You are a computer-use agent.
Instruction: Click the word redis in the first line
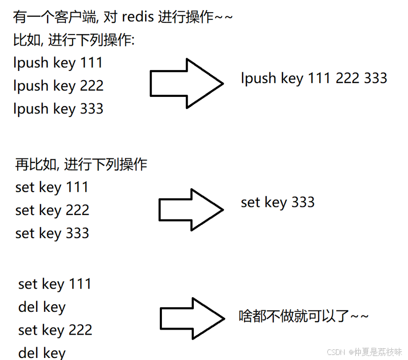coord(138,18)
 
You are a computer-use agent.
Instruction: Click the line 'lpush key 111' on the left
coord(58,63)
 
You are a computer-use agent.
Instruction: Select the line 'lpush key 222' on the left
coord(58,86)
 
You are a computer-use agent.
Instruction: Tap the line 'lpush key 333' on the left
coord(58,109)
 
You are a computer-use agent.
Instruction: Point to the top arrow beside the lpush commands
coord(186,83)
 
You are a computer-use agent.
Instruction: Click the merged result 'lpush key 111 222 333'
coord(314,78)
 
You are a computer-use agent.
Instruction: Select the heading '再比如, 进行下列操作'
coord(81,164)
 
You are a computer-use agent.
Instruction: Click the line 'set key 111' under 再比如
coord(52,187)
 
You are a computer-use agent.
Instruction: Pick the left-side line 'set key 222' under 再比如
coord(52,210)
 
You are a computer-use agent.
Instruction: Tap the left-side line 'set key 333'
coord(52,233)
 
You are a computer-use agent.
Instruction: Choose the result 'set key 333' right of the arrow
coord(278,202)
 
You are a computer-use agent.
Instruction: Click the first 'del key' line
coord(42,307)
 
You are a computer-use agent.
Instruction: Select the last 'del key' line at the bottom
coord(42,352)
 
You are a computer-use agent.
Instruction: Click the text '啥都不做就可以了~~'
coord(303,316)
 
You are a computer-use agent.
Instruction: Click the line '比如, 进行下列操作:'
coord(74,41)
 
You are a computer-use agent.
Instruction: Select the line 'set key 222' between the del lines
coord(55,330)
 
